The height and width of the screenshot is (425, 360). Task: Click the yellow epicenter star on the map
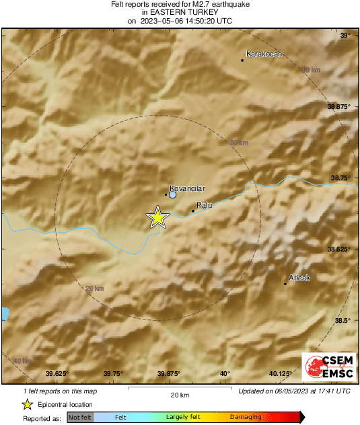pos(157,217)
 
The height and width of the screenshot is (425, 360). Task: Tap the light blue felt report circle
pos(173,195)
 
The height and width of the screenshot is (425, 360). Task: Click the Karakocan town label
pos(264,54)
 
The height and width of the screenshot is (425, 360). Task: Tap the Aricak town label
pos(299,277)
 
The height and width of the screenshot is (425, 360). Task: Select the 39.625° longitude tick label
pos(57,373)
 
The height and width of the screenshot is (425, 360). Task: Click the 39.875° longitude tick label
pos(168,373)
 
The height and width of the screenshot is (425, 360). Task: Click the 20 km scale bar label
pos(179,395)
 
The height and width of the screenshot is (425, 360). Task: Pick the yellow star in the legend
pos(28,404)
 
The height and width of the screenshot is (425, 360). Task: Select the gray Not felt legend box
pos(80,418)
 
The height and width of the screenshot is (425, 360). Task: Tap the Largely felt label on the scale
pos(181,418)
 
